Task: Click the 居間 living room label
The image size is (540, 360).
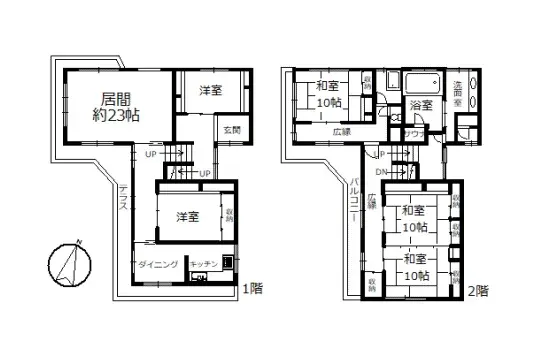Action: point(116,99)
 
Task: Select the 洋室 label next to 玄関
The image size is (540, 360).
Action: point(209,90)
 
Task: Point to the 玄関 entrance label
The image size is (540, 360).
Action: point(232,129)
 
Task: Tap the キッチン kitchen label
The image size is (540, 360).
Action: point(205,263)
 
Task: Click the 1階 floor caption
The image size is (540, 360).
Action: point(252,289)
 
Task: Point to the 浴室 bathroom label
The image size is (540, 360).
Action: point(420,104)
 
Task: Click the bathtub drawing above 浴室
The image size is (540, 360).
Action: point(418,81)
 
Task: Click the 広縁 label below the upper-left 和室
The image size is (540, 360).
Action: point(339,131)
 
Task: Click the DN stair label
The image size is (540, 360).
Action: point(380,170)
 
